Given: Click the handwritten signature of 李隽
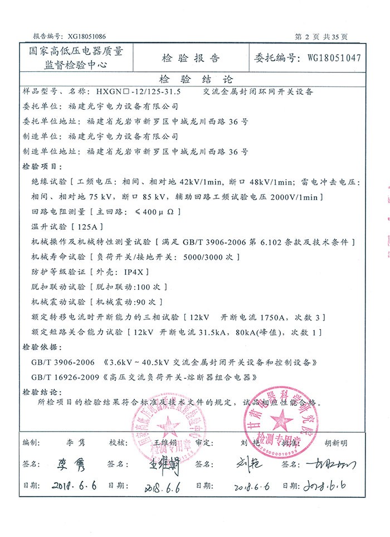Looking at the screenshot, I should [72, 464].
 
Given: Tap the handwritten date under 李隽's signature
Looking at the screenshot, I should [74, 486].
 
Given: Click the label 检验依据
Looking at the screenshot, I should [37, 347].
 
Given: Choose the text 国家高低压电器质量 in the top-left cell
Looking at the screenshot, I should [76, 51].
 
